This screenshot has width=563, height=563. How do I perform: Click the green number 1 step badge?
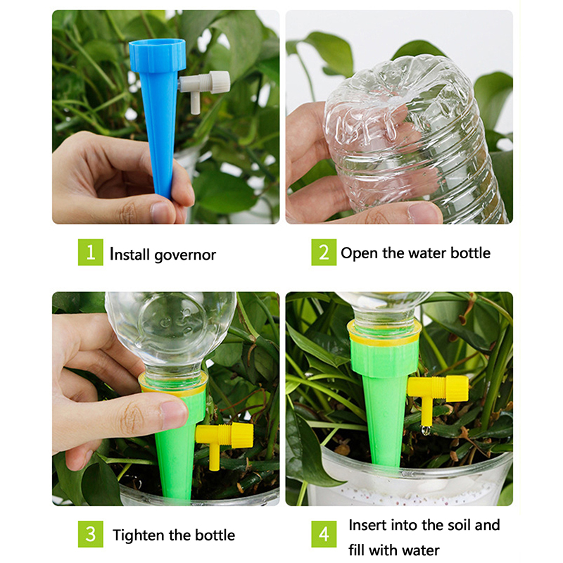[x=91, y=252]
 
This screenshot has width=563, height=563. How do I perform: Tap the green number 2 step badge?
[x=324, y=252]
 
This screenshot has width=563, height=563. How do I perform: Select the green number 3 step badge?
[x=91, y=534]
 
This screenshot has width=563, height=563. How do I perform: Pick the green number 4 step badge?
[x=324, y=534]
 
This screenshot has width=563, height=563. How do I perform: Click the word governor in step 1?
[x=185, y=255]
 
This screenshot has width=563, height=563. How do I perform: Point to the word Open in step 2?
[x=360, y=253]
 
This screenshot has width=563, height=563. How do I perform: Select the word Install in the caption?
[x=129, y=254]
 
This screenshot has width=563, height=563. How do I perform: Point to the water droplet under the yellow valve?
[x=426, y=430]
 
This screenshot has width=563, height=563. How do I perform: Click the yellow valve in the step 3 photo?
[x=224, y=442]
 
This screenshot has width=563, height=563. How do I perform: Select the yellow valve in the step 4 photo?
[x=437, y=398]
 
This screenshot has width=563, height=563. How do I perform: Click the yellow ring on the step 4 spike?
[x=384, y=334]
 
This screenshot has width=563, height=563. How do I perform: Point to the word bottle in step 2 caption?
[x=470, y=253]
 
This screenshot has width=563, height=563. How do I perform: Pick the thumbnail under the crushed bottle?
[x=425, y=213]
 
